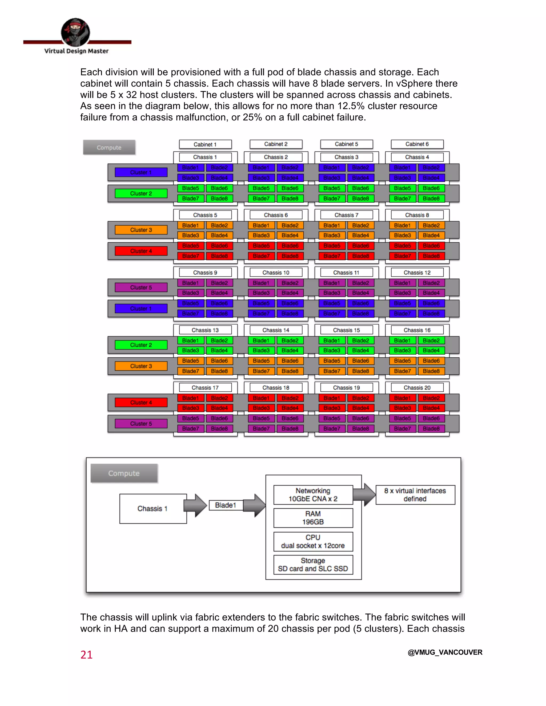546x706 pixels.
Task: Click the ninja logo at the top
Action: tap(75, 32)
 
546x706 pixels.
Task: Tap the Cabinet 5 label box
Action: tap(346, 144)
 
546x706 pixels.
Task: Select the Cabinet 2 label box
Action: tap(276, 144)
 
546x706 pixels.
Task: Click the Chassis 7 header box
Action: tap(346, 215)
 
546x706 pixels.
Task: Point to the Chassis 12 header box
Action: tap(417, 273)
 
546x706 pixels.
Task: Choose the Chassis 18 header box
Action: tap(276, 388)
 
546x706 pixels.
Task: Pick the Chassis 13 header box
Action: tap(205, 330)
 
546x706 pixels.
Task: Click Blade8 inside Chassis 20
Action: tap(431, 429)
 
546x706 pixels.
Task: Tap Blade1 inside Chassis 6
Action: tap(261, 225)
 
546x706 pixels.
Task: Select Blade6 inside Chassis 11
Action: tap(361, 303)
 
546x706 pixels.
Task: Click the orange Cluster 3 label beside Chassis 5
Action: tap(141, 230)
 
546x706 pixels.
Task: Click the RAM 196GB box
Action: tap(313, 518)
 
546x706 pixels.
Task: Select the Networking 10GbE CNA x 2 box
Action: tap(313, 494)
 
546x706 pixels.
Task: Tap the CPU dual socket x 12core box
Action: tap(313, 541)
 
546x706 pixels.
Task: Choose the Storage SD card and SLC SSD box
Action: tap(313, 565)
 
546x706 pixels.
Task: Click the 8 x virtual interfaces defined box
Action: tap(415, 494)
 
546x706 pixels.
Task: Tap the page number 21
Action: tap(86, 655)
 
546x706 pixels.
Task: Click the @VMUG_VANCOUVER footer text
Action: tap(445, 652)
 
